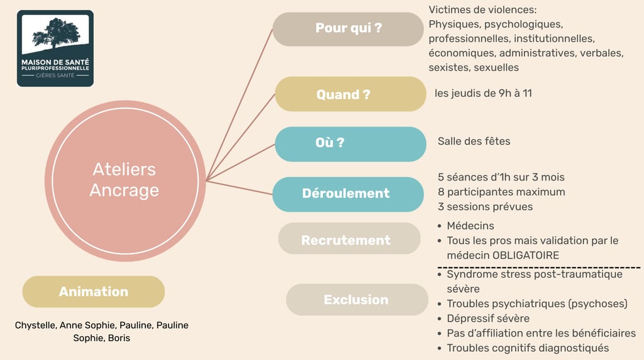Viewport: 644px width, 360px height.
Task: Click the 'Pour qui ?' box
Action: click(348, 28)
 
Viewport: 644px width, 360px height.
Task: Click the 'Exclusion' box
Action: click(357, 300)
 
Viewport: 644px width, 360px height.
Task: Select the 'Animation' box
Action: click(93, 291)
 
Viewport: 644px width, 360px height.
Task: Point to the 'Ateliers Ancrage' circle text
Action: click(125, 180)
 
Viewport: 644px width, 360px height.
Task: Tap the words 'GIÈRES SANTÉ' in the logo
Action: click(55, 75)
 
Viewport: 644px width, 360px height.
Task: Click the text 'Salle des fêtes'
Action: click(474, 141)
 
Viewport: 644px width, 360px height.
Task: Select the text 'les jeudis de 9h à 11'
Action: click(483, 93)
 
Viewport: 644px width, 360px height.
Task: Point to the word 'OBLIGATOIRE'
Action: click(525, 256)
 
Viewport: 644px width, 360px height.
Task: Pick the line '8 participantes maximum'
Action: click(501, 191)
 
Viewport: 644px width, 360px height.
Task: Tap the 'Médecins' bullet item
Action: click(470, 225)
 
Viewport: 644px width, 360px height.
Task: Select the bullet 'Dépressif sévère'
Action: click(488, 318)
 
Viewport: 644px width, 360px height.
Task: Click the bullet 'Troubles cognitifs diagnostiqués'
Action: click(528, 347)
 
